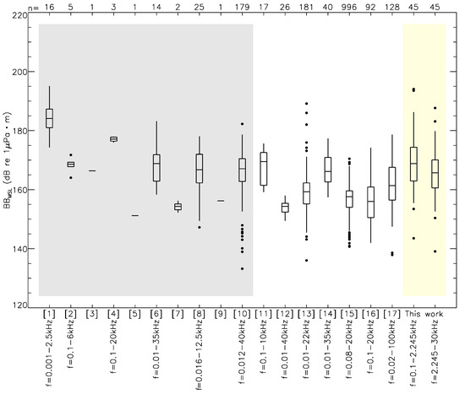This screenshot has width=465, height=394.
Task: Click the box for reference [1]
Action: pyautogui.click(x=49, y=117)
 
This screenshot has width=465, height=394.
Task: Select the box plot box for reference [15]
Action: pyautogui.click(x=349, y=199)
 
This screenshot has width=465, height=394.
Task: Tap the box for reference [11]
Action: pyautogui.click(x=263, y=168)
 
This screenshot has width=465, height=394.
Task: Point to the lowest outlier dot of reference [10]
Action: pyautogui.click(x=242, y=268)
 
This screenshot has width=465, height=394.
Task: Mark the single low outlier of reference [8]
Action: pyautogui.click(x=199, y=227)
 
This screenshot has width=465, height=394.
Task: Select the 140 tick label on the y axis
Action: pyautogui.click(x=25, y=250)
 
